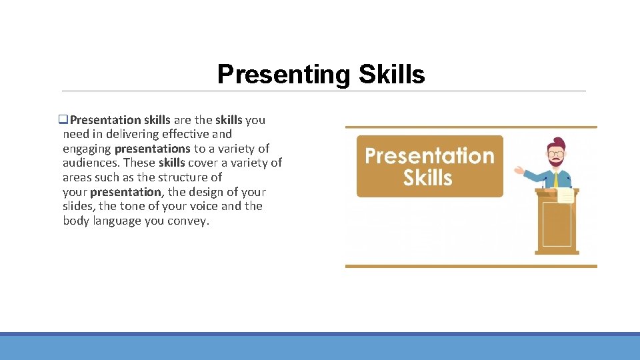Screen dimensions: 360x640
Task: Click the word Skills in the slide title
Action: (391, 75)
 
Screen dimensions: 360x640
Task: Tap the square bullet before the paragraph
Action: (63, 120)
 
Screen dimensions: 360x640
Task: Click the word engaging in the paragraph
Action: (87, 149)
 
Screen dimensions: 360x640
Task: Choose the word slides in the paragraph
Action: (79, 207)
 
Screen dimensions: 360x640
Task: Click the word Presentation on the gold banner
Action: (429, 156)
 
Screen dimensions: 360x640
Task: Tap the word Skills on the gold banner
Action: (428, 178)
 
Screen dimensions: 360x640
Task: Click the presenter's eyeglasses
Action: (555, 154)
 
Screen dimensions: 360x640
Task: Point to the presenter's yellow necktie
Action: (555, 179)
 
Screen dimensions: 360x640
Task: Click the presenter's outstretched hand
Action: (519, 170)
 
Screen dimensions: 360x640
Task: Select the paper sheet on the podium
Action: (565, 195)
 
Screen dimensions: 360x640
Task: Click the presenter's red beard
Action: (555, 163)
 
